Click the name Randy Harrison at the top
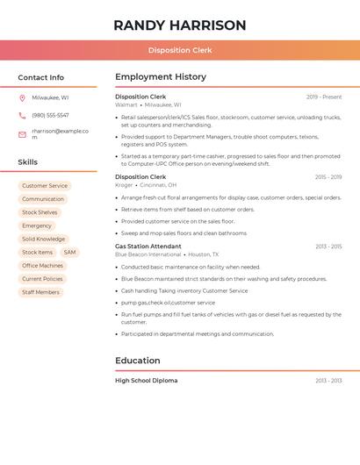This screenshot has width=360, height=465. click(x=179, y=25)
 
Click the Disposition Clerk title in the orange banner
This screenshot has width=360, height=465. click(x=179, y=50)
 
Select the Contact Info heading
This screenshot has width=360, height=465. click(x=40, y=77)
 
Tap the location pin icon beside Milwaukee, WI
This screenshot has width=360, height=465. click(x=22, y=98)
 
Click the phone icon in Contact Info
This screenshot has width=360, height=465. click(x=22, y=116)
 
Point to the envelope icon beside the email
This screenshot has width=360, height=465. click(x=22, y=134)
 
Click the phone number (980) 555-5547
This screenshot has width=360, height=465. click(x=50, y=116)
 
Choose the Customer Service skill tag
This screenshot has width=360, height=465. click(x=45, y=186)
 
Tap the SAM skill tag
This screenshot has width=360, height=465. click(x=69, y=253)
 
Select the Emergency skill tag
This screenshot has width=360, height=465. click(x=37, y=226)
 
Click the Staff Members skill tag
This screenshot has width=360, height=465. click(x=40, y=292)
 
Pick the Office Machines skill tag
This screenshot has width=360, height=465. click(x=42, y=266)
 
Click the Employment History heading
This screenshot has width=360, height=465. click(x=160, y=77)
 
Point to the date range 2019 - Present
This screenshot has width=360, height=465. click(x=324, y=97)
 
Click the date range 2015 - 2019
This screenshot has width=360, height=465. click(x=328, y=177)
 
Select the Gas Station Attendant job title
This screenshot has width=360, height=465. click(x=148, y=247)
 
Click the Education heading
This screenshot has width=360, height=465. click(x=137, y=361)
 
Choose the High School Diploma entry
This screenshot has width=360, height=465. click(x=146, y=381)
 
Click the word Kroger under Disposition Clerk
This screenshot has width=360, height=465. click(x=124, y=185)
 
